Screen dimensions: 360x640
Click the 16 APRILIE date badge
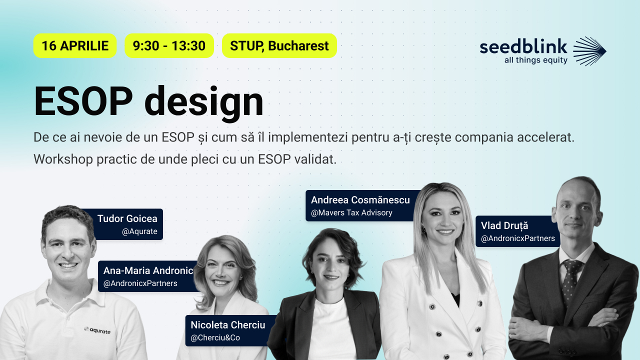tap(75, 46)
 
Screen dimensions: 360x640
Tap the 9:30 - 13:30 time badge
tap(169, 46)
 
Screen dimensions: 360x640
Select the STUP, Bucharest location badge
tap(279, 46)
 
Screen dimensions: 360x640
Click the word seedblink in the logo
tap(523, 47)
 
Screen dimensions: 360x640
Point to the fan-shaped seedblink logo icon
tap(589, 51)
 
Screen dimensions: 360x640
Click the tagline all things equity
tap(529, 60)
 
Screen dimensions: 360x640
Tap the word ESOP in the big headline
tap(83, 101)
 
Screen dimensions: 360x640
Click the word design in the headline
tap(203, 102)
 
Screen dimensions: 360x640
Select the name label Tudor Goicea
tap(127, 218)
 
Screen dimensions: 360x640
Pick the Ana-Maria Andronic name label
tap(148, 270)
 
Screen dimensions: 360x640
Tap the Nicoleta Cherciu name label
tap(227, 325)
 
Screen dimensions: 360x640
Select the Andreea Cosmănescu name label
tap(360, 200)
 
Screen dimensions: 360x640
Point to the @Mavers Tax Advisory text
tap(351, 213)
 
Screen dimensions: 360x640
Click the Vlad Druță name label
tap(504, 225)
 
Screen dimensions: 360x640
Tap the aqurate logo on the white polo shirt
tap(97, 330)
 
